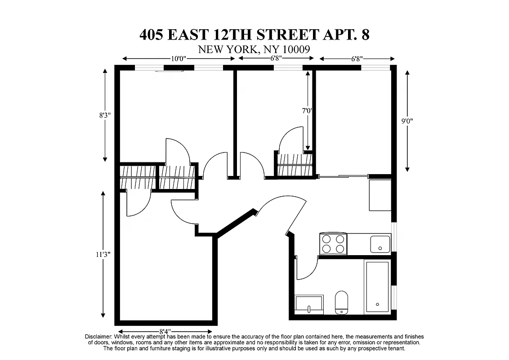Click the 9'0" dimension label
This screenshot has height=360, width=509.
coord(407,121)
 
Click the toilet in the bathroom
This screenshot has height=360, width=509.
coord(342,302)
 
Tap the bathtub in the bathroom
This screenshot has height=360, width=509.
coord(377,287)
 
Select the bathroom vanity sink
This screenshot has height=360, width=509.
coord(309,304)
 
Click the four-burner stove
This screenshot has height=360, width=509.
coord(333,243)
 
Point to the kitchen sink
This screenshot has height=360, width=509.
coord(380,243)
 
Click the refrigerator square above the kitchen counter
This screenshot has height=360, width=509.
coord(380,194)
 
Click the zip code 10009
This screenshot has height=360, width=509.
coord(297,49)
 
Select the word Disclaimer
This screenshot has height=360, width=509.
coord(98,337)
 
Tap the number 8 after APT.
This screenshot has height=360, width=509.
coord(365,35)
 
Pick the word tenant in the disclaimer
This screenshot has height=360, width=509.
coord(395,348)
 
